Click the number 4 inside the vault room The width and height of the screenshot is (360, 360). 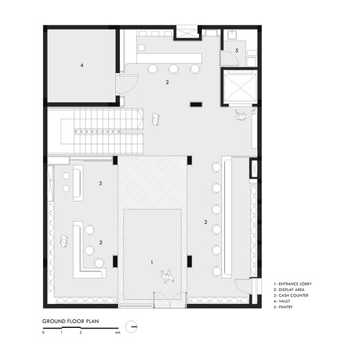81,65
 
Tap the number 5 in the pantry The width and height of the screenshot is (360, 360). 237,50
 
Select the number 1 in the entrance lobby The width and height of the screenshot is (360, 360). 152,261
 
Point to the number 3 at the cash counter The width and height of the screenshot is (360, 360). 100,183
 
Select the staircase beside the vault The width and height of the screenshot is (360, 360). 102,130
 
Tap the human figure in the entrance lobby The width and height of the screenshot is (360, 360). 165,275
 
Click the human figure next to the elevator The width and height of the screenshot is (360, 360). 241,116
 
